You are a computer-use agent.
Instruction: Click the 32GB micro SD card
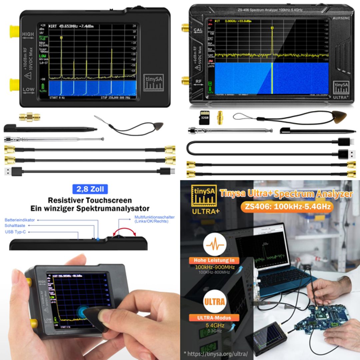click(x=204, y=117)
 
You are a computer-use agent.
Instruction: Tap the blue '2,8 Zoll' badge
click(x=90, y=189)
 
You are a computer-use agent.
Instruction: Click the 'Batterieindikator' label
click(x=19, y=220)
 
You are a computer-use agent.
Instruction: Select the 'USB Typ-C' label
click(x=15, y=232)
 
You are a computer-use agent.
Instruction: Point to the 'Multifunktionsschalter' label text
click(x=154, y=217)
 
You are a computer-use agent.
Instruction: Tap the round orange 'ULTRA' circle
click(x=215, y=302)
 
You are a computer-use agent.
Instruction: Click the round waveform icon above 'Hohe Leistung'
click(x=215, y=245)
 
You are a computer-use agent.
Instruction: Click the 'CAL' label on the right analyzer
click(x=198, y=30)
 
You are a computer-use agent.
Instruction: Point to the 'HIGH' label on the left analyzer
click(x=28, y=34)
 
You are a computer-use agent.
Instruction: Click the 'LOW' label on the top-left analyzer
click(x=29, y=89)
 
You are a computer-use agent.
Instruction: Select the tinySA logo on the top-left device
click(x=154, y=83)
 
